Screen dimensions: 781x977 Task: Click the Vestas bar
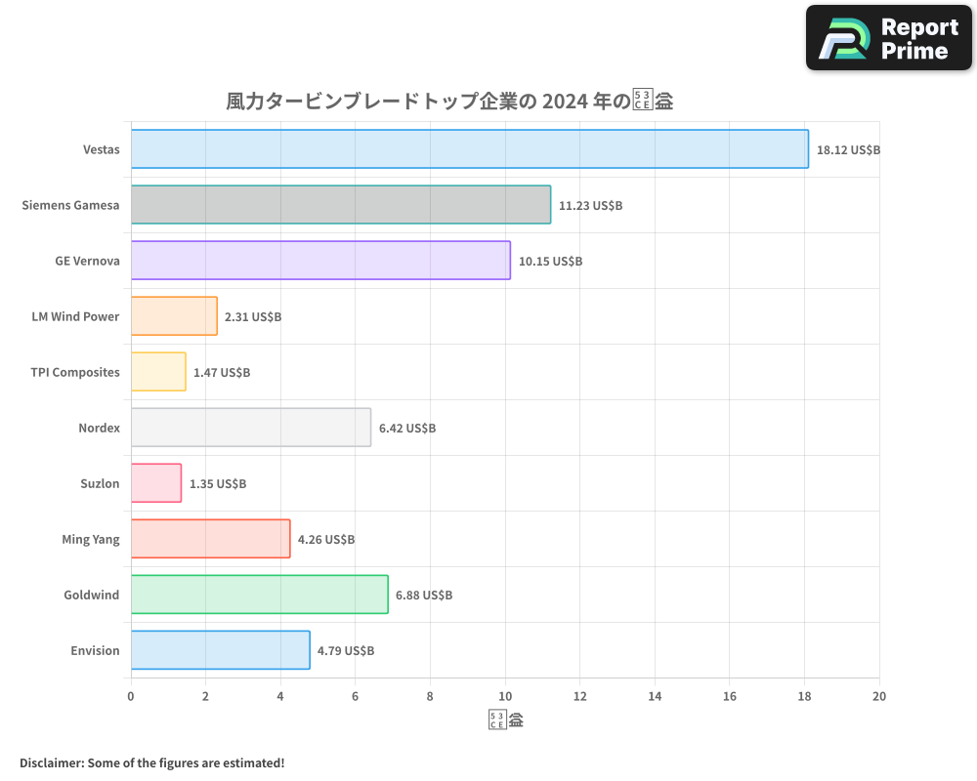(469, 149)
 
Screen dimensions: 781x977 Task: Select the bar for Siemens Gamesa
(340, 205)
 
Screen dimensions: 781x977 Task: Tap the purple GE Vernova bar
(320, 261)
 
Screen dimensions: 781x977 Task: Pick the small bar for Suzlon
(155, 483)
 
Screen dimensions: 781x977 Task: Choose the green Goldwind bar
(259, 595)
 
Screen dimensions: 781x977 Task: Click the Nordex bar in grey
(250, 428)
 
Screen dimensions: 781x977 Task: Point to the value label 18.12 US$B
(848, 150)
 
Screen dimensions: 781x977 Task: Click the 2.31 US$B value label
(253, 317)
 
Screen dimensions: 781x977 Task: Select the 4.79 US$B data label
(346, 651)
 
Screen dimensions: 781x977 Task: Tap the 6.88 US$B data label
(424, 596)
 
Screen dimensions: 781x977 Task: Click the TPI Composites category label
(75, 372)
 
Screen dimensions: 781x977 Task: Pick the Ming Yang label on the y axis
(91, 539)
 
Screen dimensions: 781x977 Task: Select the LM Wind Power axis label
(75, 316)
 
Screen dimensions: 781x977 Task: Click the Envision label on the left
(95, 650)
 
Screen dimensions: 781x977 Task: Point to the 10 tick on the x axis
(505, 696)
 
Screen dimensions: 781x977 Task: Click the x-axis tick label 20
(878, 696)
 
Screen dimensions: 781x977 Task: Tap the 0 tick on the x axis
(131, 696)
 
